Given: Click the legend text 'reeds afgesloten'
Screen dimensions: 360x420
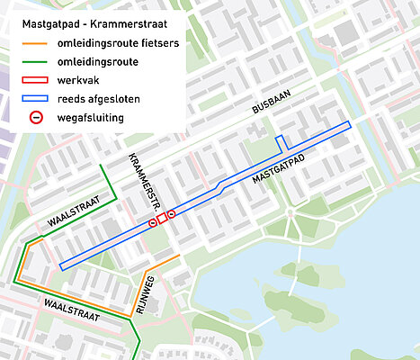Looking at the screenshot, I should point(97,98).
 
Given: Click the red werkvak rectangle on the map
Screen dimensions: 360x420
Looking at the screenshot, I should point(163,219).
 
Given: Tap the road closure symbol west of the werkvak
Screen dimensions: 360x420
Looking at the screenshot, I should point(153,222).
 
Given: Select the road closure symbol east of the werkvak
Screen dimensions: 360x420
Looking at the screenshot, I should point(172,214).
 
